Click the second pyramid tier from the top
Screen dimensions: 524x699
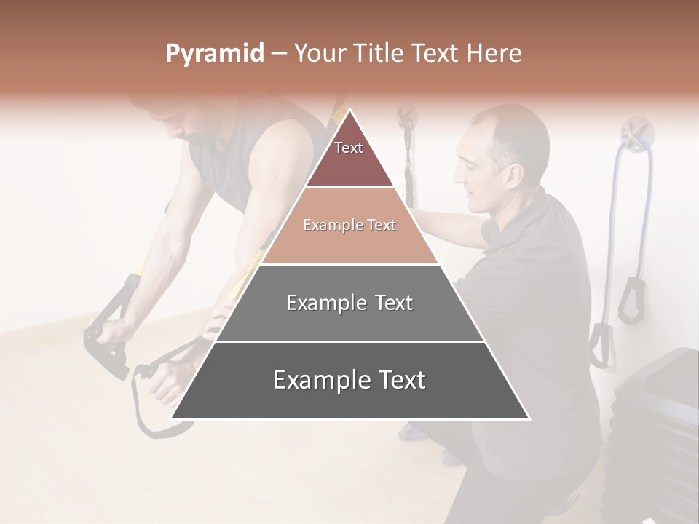tap(349, 226)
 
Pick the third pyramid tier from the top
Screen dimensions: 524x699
tap(349, 303)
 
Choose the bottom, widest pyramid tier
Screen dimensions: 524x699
tap(349, 381)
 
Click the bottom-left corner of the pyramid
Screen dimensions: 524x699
tap(172, 418)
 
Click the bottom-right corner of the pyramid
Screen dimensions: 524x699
tap(529, 418)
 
